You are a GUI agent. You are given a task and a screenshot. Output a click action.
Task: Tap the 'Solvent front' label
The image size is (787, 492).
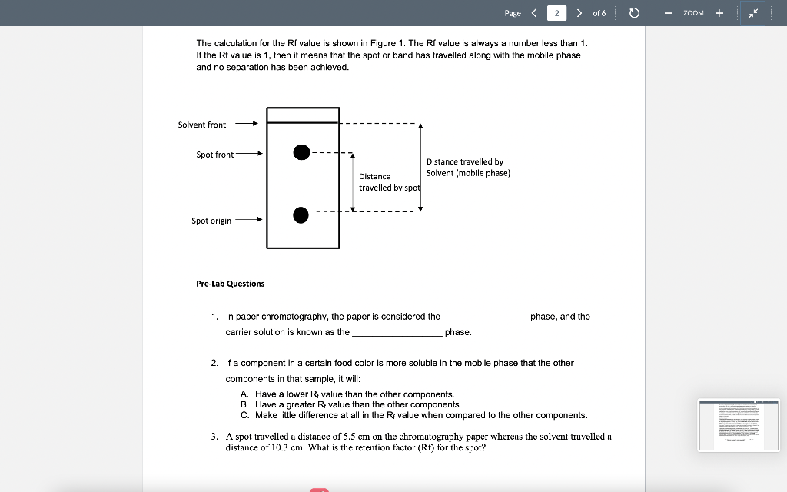(x=202, y=125)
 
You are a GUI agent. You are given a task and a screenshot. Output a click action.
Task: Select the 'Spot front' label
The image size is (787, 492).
(x=214, y=155)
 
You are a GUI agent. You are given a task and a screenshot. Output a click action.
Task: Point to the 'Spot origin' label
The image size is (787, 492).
(x=211, y=221)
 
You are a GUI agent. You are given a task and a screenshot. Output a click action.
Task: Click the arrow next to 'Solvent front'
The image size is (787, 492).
(x=246, y=124)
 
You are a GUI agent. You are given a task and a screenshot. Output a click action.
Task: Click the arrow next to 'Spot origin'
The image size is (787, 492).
(x=249, y=220)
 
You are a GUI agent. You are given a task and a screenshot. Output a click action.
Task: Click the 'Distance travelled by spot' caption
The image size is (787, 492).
(x=389, y=182)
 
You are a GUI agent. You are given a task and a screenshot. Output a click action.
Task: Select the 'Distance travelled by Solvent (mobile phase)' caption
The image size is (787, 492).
(x=468, y=167)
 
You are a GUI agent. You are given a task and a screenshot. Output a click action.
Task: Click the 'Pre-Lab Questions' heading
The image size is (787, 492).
(x=231, y=284)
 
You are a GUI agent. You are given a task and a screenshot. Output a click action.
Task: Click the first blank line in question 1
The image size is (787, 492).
(x=485, y=317)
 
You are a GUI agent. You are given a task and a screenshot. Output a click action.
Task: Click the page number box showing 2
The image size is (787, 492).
(x=556, y=13)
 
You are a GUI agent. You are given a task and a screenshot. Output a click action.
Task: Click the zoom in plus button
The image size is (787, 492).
(x=719, y=13)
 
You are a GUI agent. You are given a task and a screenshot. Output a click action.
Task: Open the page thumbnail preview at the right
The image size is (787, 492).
(x=737, y=424)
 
